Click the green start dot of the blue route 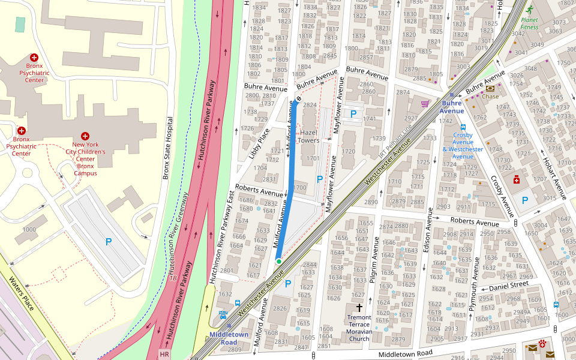279,262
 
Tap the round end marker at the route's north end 298,100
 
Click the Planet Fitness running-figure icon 529,10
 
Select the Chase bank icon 490,88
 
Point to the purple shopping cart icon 425,103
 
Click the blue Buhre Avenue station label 452,107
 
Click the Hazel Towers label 309,136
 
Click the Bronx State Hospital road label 167,148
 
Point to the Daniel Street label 508,286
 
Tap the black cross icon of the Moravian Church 359,307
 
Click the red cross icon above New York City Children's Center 85,136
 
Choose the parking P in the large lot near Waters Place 109,242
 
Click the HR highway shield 164,355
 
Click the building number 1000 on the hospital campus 29,230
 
